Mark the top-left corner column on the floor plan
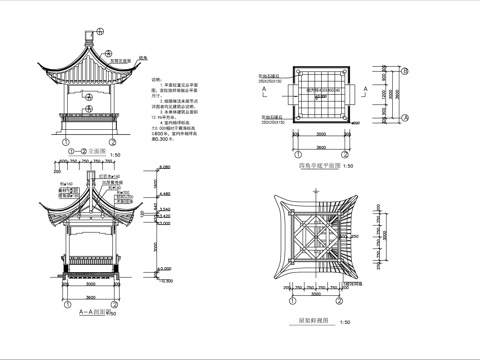(296, 74)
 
